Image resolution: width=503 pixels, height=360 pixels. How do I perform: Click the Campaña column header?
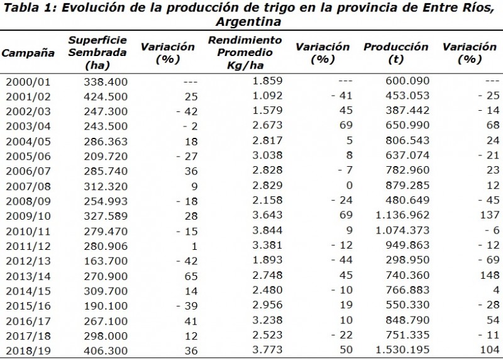click(x=28, y=53)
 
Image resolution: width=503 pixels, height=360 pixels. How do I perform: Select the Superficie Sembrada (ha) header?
click(x=97, y=53)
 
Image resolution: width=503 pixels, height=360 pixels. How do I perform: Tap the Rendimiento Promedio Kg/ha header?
click(x=245, y=53)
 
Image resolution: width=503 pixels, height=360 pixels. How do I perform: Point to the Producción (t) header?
click(x=395, y=53)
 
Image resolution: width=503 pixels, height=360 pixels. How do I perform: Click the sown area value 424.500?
click(x=106, y=96)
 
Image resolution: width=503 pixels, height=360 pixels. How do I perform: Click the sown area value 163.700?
click(x=106, y=262)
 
